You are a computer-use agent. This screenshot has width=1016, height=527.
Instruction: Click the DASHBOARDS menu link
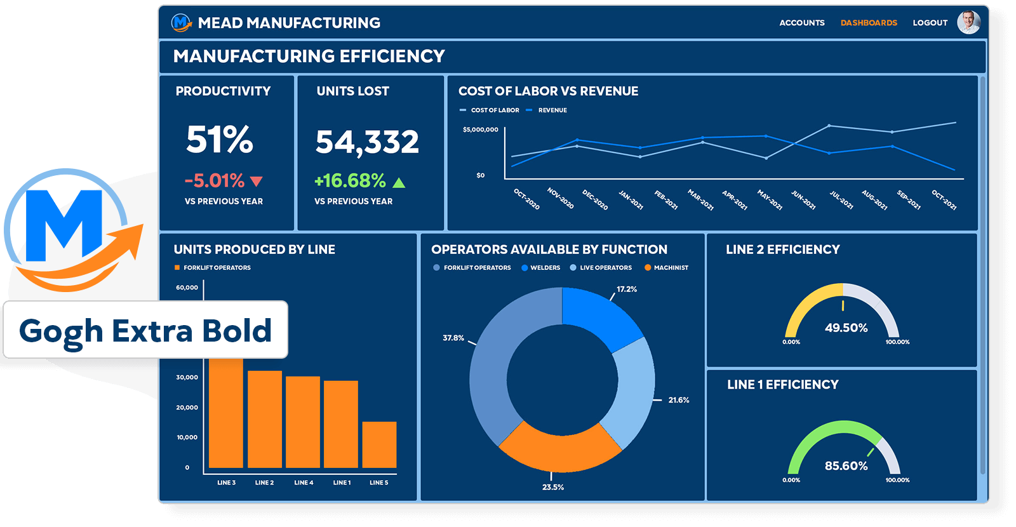click(x=869, y=23)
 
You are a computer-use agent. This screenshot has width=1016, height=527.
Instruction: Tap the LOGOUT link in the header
click(x=930, y=23)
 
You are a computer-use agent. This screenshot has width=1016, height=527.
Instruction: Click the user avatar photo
click(x=968, y=22)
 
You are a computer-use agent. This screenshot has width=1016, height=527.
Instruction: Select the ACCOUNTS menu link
click(x=802, y=23)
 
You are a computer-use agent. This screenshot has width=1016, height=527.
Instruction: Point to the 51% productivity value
click(x=220, y=140)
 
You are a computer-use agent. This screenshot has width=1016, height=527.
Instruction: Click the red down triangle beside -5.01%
click(x=257, y=182)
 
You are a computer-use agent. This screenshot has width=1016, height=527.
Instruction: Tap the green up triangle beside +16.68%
click(x=399, y=183)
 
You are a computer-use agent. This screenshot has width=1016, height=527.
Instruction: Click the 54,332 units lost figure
click(x=367, y=142)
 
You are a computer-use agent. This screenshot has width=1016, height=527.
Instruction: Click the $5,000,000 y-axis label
click(x=481, y=130)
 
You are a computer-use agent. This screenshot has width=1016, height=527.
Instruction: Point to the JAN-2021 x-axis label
click(x=631, y=200)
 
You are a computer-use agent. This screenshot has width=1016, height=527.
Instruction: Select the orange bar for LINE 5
click(x=379, y=444)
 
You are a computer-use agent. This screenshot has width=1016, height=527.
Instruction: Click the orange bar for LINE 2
click(x=265, y=419)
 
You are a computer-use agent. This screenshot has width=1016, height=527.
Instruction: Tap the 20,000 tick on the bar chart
click(x=187, y=408)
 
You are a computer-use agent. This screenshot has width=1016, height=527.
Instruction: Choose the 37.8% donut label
click(x=453, y=338)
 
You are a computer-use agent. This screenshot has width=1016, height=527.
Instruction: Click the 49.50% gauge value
click(x=846, y=328)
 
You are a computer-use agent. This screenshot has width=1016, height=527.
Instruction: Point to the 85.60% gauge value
click(x=846, y=466)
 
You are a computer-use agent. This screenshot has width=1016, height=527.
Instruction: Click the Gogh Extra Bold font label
click(x=145, y=331)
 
